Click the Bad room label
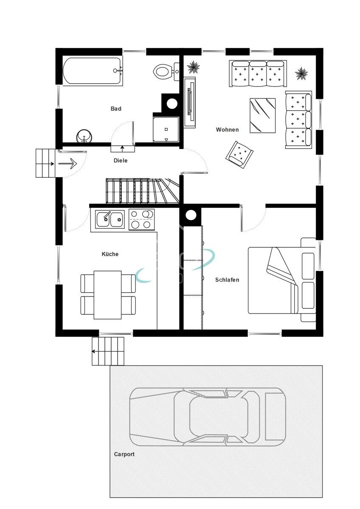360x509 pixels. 116,109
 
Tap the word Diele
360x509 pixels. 120,160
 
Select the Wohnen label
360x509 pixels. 227,129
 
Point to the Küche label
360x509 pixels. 110,254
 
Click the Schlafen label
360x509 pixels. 227,280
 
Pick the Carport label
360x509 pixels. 124,454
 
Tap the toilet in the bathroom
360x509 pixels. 166,72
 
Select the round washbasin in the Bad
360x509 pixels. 84,136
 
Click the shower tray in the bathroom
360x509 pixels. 166,129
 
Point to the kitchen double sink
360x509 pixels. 110,219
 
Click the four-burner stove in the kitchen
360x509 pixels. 141,220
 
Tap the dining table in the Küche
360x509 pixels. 107,295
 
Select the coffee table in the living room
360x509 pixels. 262,115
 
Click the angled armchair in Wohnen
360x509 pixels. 239,154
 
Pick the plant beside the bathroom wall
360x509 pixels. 193,67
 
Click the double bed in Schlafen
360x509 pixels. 282,280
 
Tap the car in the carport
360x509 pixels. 208,417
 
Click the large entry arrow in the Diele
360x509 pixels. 68,164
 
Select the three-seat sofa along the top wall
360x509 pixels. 258,73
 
